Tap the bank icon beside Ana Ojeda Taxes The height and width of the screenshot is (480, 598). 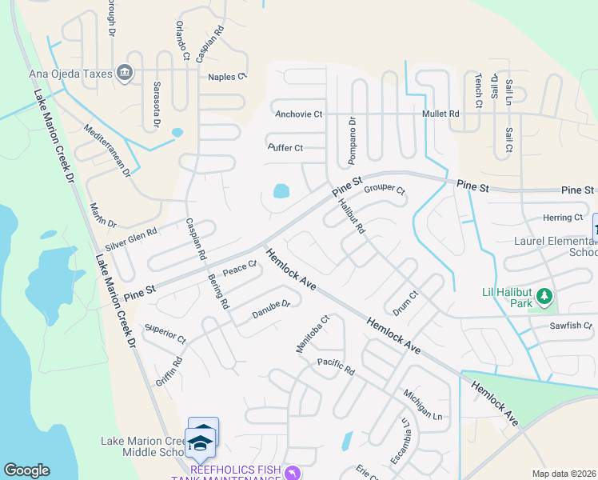[x=125, y=74]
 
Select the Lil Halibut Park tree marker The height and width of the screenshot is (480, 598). [x=544, y=298]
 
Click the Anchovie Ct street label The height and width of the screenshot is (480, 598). [x=298, y=114]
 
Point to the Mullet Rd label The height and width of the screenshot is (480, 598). [x=441, y=114]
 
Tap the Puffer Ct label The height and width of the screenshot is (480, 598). [x=285, y=148]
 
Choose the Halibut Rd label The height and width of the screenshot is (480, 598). [x=352, y=217]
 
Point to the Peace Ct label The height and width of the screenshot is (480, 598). [x=239, y=269]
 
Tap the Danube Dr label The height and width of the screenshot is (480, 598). [x=270, y=308]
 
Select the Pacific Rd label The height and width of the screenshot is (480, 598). [x=335, y=367]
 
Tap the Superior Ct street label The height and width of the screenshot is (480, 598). [x=164, y=334]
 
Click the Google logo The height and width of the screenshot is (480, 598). [x=26, y=470]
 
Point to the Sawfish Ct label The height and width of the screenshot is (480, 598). [x=570, y=326]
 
